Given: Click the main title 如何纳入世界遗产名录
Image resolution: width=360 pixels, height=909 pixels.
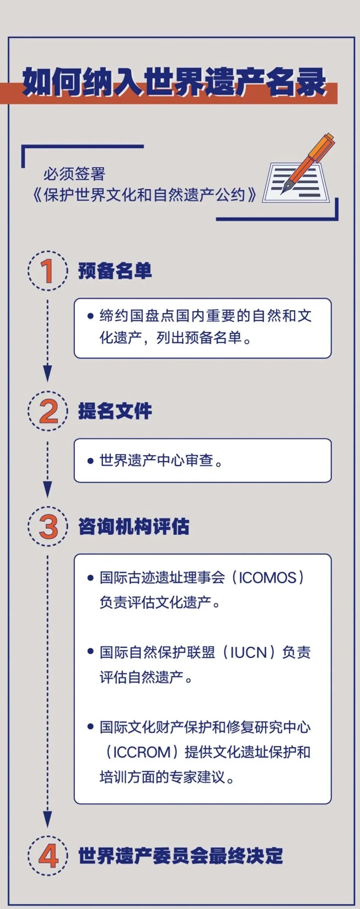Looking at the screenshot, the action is [174, 82].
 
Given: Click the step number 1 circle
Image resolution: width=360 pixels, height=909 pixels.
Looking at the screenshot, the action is [48, 271].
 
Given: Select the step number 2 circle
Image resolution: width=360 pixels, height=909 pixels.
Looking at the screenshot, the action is [48, 411].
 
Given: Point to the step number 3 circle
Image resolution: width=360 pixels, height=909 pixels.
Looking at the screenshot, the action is [48, 526].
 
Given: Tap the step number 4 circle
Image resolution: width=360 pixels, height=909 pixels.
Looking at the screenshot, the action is [48, 856].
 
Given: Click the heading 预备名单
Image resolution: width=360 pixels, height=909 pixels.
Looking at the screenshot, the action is [115, 271].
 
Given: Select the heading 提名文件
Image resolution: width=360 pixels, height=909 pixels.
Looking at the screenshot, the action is [115, 411].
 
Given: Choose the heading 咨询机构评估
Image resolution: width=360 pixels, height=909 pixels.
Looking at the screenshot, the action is [133, 526].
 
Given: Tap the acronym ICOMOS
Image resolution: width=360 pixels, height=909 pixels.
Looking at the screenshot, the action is [267, 578].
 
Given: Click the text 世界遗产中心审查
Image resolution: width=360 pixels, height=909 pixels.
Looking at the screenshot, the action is [156, 461].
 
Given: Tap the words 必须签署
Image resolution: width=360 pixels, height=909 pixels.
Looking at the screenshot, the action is [74, 174].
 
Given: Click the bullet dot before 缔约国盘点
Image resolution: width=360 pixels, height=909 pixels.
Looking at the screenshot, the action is [90, 316].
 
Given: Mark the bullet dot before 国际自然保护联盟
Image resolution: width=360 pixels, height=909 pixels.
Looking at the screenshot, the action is [90, 651].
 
